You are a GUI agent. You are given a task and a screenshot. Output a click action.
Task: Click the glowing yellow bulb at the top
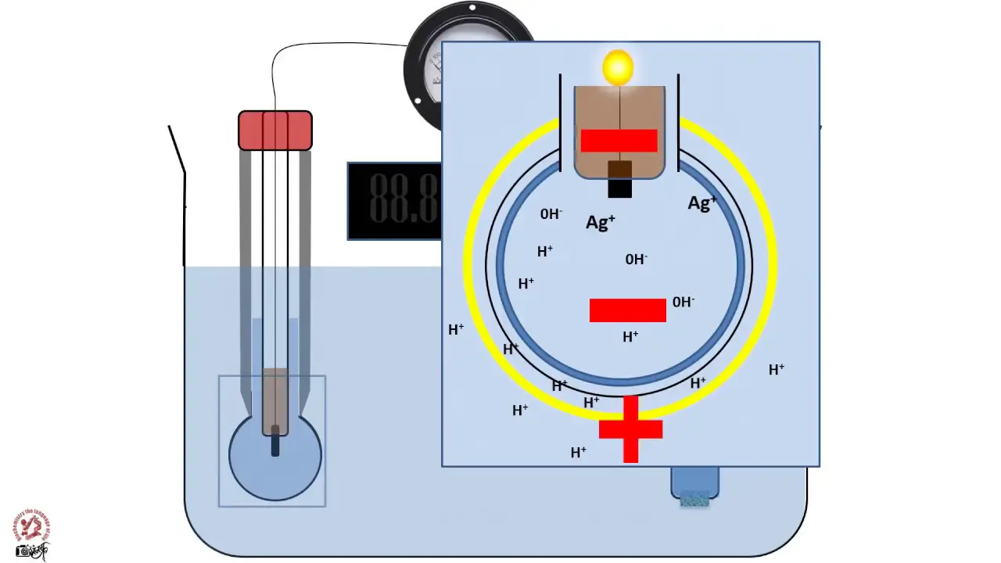point(618,67)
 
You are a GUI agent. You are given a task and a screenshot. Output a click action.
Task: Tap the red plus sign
point(630,429)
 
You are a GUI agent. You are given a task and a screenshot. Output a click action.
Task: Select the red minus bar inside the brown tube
point(619,141)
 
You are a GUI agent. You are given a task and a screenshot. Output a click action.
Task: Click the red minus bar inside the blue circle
point(627,310)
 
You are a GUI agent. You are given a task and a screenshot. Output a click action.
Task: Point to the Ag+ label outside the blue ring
point(701,203)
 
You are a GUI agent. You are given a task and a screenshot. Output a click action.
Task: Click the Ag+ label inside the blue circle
point(600,222)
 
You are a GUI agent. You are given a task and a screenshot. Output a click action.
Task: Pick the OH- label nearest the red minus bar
point(683,302)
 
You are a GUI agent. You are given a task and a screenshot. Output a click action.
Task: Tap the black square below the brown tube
point(619,188)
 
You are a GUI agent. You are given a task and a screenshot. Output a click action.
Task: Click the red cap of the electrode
point(275,131)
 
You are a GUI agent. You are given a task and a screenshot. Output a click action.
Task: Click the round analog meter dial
point(426,70)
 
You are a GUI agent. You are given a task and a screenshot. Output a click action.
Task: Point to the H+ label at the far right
point(777,369)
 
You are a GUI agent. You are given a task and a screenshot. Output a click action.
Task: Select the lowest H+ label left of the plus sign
point(579,452)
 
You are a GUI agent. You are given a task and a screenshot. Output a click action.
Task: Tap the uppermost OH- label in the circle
point(551,213)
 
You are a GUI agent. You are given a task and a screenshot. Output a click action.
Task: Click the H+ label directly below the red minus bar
point(630,336)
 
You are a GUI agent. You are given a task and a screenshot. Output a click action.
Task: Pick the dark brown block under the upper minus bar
point(619,169)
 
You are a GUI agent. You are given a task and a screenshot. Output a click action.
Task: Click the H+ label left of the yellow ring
point(456,330)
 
